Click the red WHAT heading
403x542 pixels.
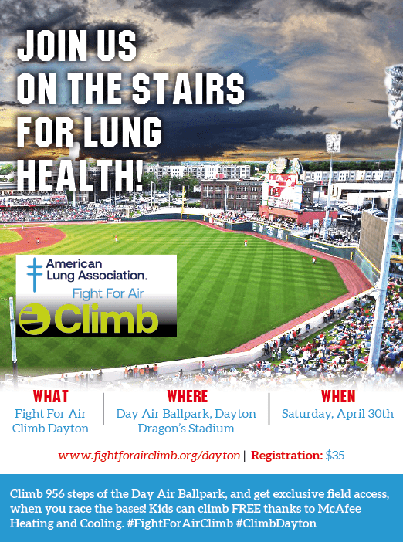51,397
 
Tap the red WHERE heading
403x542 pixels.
188,397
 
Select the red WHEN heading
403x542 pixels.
338,397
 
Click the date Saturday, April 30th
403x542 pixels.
337,414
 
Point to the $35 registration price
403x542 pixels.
335,456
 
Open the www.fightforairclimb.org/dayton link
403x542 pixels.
149,456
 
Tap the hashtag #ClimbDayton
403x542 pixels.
276,523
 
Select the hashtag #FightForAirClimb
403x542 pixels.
180,523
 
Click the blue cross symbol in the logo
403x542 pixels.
34,275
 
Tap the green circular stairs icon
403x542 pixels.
34,319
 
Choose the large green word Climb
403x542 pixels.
106,318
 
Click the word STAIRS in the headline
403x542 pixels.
188,89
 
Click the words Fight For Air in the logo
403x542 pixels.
108,294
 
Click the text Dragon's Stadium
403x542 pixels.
186,429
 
